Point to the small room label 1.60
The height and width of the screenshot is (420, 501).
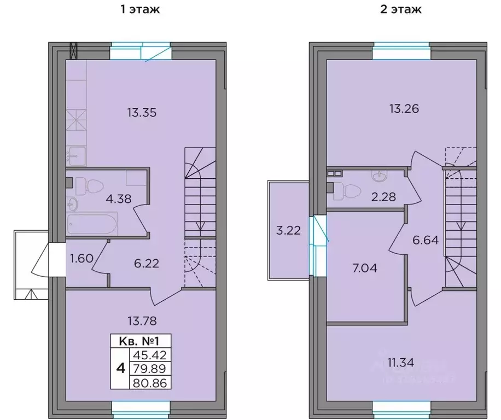(81, 257)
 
